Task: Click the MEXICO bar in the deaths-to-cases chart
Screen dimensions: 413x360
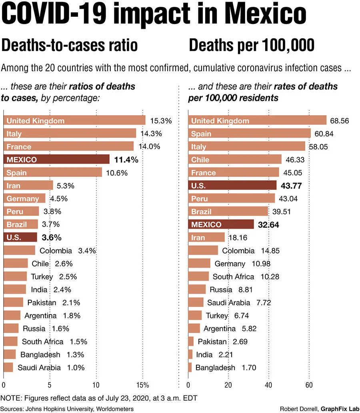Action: click(56, 160)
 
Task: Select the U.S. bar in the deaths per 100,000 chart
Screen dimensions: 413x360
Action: click(232, 186)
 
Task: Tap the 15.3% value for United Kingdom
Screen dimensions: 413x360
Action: click(161, 120)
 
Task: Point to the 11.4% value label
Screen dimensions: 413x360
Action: click(126, 160)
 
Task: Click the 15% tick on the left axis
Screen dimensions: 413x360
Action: click(142, 385)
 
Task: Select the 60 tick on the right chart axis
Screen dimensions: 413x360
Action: click(309, 385)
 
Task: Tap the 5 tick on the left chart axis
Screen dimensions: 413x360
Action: click(50, 385)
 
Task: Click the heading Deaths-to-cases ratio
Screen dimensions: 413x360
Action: click(70, 46)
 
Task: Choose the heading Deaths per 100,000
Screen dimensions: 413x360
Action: click(252, 46)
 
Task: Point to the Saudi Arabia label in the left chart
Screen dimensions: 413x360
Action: click(39, 368)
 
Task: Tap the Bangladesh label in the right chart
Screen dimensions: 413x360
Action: click(216, 368)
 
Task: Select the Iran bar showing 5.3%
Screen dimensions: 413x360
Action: click(28, 186)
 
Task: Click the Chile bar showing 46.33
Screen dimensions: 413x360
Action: click(235, 160)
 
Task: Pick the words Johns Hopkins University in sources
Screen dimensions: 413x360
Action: click(61, 408)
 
